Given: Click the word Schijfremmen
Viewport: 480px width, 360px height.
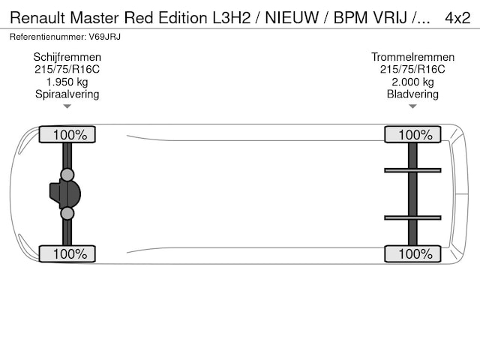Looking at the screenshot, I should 67,57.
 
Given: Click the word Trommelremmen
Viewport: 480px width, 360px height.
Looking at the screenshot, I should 412,57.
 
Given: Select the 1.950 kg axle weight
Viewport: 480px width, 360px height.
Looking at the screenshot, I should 67,82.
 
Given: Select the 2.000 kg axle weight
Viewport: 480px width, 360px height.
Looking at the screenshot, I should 412,82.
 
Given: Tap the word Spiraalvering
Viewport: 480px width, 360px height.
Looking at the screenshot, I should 67,94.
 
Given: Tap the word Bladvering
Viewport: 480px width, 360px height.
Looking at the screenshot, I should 412,94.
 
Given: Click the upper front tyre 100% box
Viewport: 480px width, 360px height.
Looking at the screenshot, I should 67,135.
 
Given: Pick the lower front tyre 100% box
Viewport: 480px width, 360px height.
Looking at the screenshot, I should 67,254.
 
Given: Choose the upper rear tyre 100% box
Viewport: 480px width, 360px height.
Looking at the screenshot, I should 412,135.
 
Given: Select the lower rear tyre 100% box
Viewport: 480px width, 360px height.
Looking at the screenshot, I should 412,254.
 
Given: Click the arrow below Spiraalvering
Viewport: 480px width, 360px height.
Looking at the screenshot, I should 67,106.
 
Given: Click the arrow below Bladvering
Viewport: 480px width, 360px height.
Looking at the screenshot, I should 412,106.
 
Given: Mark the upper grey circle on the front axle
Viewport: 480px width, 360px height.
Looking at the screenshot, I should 67,175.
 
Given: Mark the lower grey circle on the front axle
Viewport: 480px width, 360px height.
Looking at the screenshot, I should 67,214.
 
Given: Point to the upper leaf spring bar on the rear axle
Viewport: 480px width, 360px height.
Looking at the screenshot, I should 412,170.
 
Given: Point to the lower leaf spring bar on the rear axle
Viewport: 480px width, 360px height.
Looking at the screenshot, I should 412,217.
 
